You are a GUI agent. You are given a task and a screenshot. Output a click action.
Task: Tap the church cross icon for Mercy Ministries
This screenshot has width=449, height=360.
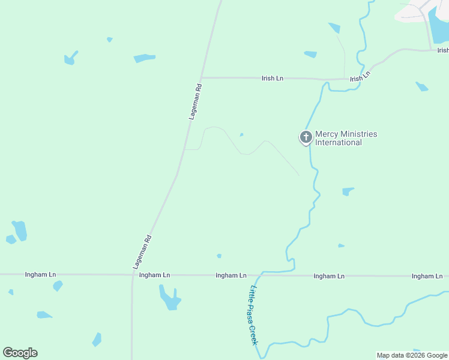[306, 137]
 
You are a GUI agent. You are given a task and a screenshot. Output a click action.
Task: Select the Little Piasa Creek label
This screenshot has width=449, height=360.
[254, 315]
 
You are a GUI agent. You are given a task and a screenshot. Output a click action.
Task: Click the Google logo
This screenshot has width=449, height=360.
[20, 353]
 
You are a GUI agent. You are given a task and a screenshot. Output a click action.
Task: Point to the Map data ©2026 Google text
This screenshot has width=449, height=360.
[412, 355]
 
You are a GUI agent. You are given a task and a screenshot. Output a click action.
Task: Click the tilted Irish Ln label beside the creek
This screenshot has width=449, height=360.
[360, 75]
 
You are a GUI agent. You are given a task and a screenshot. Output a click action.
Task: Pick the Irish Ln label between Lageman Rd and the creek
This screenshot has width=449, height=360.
[272, 78]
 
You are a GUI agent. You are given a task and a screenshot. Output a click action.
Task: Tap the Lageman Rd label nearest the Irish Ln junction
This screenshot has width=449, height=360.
[195, 101]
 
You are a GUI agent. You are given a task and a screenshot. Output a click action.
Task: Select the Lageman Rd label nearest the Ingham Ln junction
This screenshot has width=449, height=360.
[142, 251]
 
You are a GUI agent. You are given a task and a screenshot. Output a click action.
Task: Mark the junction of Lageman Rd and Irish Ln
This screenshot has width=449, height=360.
[201, 77]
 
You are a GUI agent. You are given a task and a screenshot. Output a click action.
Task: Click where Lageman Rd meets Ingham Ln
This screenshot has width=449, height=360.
[132, 275]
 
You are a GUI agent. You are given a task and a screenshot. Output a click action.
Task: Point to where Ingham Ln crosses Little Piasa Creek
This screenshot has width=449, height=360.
[259, 275]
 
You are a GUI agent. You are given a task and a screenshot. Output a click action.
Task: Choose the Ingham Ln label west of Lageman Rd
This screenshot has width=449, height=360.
[40, 274]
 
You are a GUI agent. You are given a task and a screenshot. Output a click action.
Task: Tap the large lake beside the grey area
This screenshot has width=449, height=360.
[440, 24]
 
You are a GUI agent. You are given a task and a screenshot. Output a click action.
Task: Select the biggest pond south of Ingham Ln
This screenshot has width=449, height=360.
[169, 298]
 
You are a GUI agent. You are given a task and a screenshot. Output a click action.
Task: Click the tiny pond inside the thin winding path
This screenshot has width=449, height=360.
[241, 134]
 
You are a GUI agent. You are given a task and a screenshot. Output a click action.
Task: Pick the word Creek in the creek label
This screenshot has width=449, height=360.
[255, 334]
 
